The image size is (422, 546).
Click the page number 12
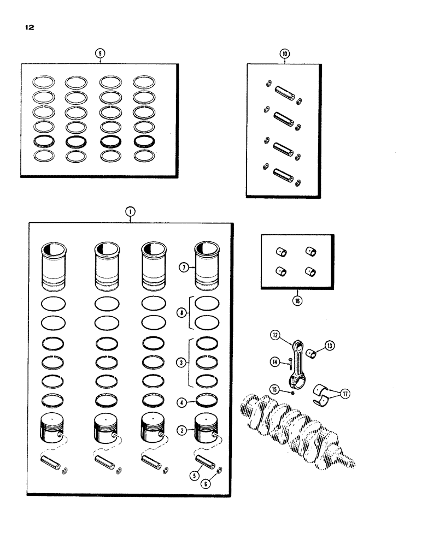coord(29,27)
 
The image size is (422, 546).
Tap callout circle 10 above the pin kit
coord(284,54)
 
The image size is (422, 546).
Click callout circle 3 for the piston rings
coord(184,361)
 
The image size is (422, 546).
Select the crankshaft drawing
coord(295,429)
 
